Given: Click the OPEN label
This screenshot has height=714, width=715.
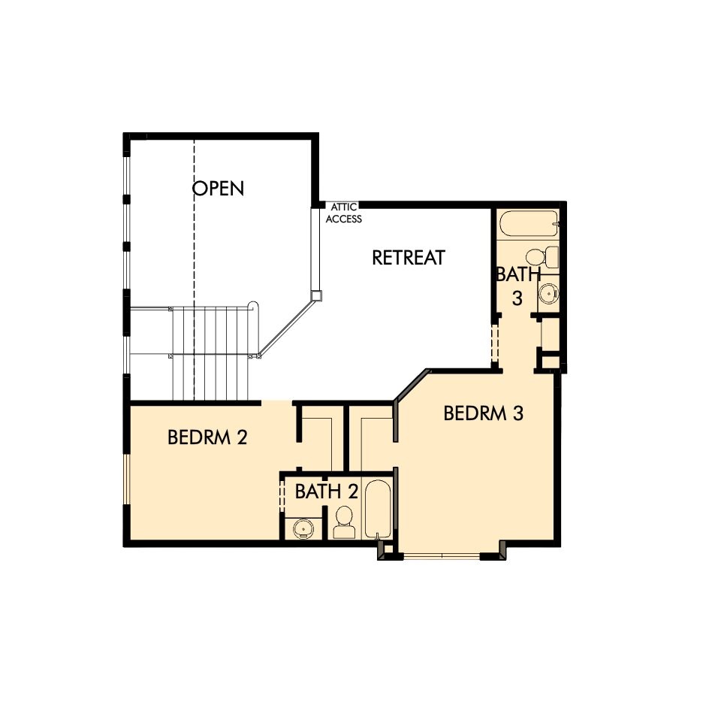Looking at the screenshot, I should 219,187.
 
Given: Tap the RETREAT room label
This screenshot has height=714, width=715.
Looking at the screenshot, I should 409,258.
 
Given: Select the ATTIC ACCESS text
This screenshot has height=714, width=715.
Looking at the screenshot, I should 342,213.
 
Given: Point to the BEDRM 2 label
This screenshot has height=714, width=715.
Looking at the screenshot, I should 207,437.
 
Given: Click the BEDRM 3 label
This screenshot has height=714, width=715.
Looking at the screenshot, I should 483,413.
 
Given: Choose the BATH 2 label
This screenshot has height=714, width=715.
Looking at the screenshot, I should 326,492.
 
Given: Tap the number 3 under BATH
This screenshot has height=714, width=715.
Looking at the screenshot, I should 517,298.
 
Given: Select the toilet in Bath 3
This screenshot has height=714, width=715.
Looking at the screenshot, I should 542,256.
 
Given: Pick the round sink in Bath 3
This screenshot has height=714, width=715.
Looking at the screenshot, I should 548,293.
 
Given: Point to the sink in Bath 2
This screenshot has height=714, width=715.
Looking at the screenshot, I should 303,528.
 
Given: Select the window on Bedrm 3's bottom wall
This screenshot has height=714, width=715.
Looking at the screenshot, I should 442,556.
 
